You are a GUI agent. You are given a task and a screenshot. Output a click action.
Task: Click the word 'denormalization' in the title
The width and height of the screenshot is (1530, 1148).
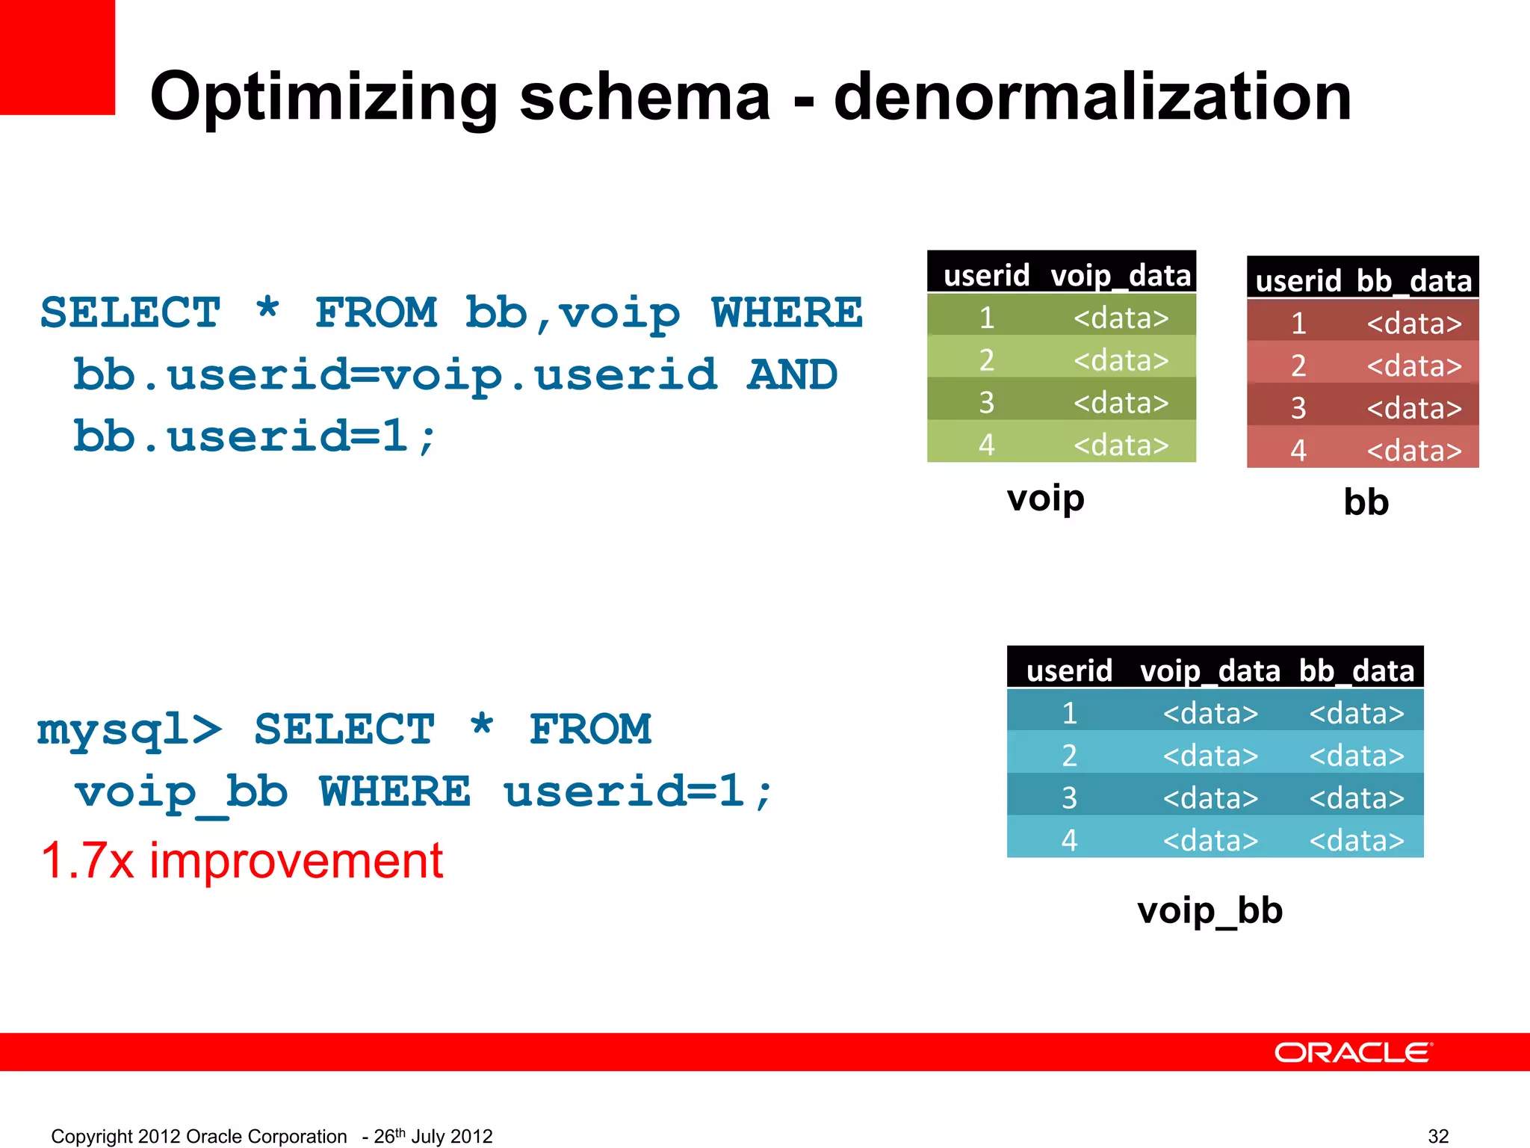[x=1092, y=97]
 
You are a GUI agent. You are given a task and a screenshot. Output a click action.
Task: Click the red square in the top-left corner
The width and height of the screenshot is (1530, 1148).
[x=57, y=57]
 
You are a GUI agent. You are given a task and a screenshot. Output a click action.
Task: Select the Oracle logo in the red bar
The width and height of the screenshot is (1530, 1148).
[x=1353, y=1052]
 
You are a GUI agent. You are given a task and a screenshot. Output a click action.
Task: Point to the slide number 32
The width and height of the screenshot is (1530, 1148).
[x=1438, y=1136]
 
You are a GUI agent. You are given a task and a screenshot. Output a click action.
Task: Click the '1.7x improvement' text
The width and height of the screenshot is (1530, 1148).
[x=242, y=861]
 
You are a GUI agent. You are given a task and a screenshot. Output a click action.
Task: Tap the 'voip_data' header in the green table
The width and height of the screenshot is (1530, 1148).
[x=1121, y=276]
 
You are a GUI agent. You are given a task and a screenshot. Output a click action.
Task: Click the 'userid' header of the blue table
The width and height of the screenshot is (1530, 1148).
[x=1069, y=670]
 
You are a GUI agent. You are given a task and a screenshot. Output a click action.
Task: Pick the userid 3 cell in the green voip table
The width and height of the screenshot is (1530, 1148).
[x=987, y=403]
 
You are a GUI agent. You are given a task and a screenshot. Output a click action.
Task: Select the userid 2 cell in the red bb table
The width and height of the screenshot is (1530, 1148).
[x=1298, y=365]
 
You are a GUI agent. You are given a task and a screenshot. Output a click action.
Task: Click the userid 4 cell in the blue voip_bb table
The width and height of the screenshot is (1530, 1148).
[x=1069, y=840]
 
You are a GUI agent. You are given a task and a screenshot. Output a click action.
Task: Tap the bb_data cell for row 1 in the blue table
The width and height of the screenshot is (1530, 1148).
[x=1357, y=713]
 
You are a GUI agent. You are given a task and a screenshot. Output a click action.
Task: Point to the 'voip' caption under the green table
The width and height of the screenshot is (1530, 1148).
[x=1045, y=499]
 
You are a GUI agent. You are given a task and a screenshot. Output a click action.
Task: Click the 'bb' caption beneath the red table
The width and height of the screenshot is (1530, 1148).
[x=1366, y=502]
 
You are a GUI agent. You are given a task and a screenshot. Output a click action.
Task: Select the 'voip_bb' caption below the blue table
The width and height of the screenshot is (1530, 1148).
[x=1210, y=910]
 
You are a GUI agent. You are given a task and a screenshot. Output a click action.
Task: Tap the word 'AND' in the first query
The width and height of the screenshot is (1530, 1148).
[x=792, y=374]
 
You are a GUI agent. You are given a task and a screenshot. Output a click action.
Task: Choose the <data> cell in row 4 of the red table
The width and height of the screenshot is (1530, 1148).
[x=1414, y=451]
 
